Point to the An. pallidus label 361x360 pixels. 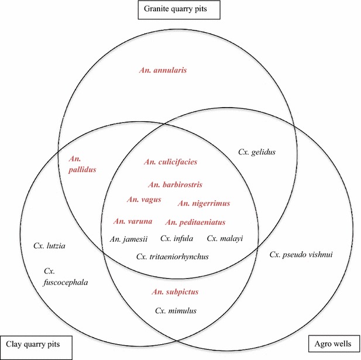[82, 164]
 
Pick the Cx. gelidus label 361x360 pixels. [256, 152]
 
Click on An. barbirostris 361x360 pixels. [175, 184]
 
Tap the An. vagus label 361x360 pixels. [144, 200]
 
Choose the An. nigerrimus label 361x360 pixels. [204, 203]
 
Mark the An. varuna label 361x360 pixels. [133, 221]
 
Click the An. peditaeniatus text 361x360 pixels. [195, 222]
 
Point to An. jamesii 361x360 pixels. [129, 238]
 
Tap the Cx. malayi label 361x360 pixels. [225, 238]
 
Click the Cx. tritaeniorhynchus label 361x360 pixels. [172, 256]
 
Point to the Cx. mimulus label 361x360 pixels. [176, 310]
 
